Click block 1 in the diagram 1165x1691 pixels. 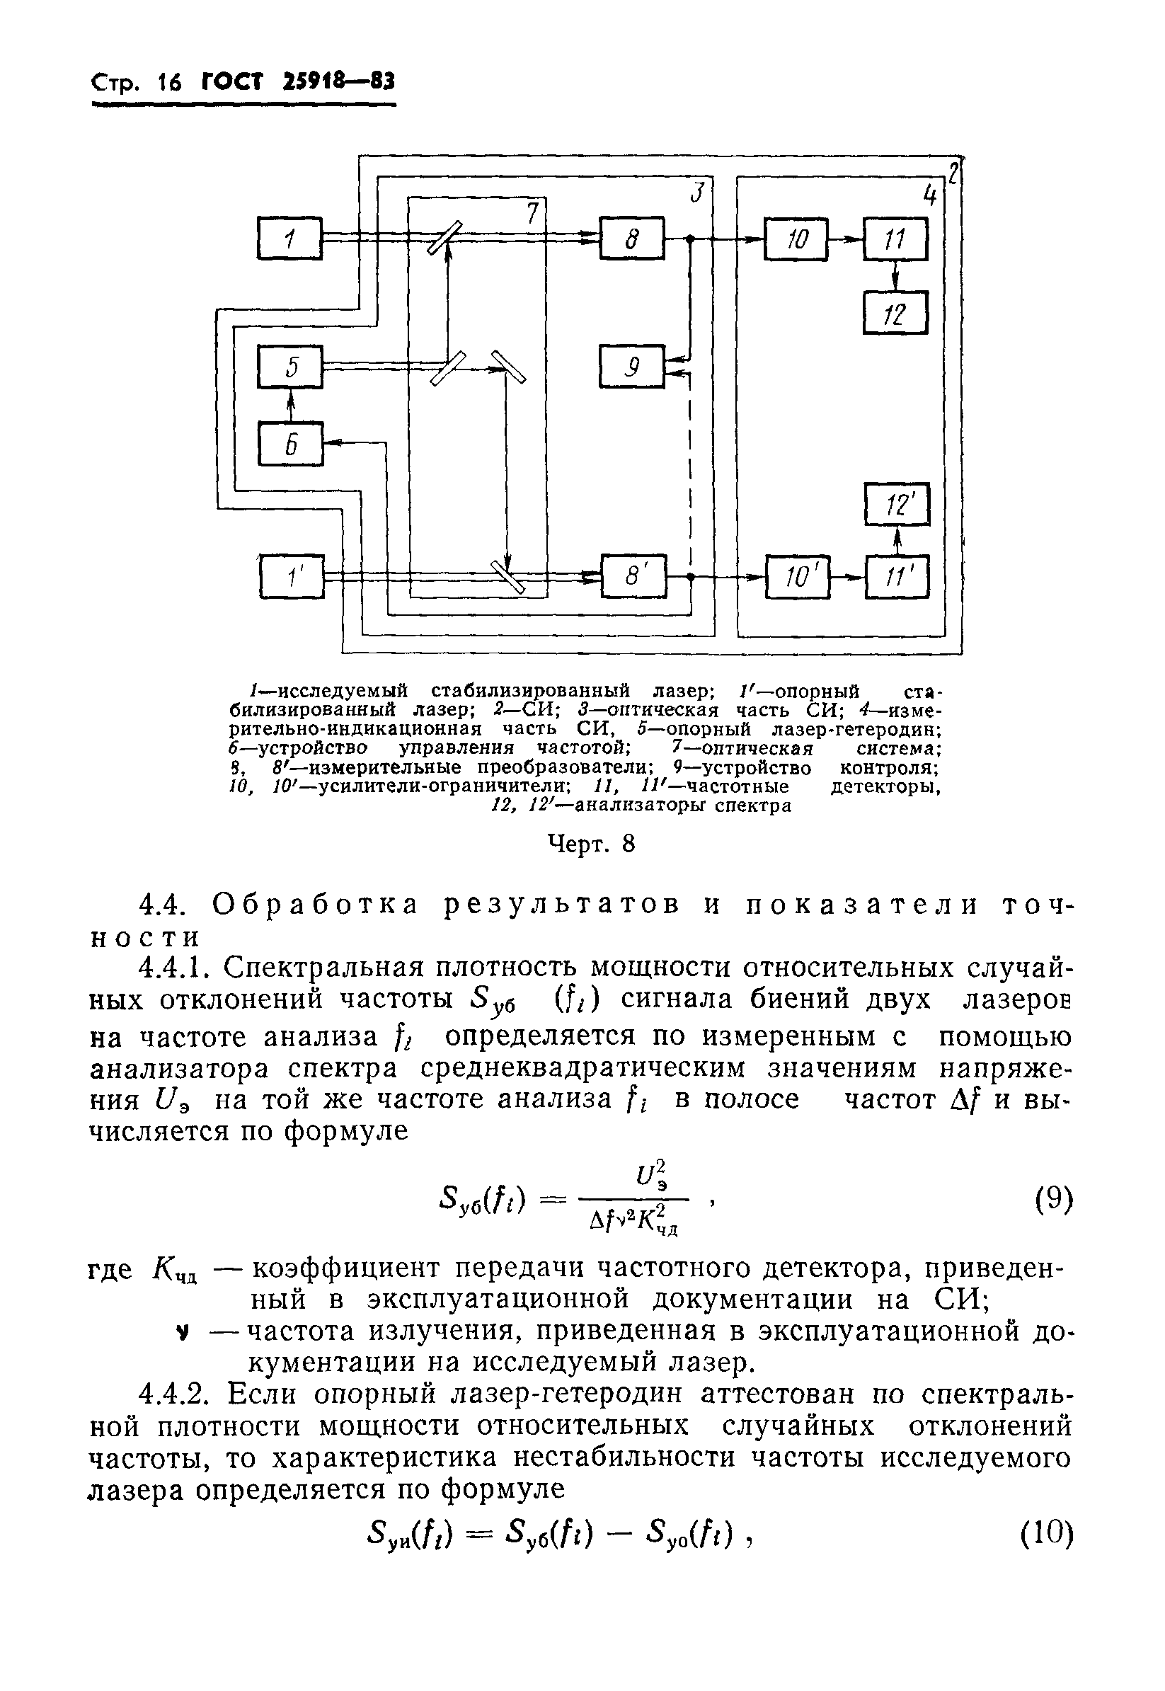(x=289, y=238)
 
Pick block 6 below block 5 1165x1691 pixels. (x=290, y=444)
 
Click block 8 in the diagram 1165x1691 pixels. (x=632, y=238)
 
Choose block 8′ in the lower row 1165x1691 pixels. (x=633, y=577)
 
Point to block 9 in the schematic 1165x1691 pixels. (x=632, y=367)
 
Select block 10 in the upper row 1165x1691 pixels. (x=796, y=239)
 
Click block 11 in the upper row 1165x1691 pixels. (x=895, y=239)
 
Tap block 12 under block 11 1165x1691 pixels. (x=895, y=314)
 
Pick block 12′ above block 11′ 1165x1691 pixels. (x=897, y=504)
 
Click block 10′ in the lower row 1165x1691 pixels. (x=797, y=578)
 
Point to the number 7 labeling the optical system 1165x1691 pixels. (x=532, y=212)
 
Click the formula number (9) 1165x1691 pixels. (x=1054, y=1198)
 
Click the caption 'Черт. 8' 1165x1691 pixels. (x=591, y=844)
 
